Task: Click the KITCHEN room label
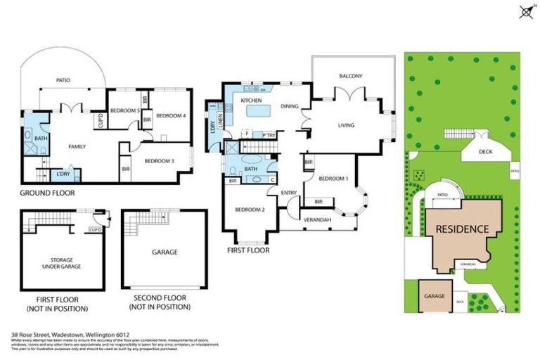(251, 101)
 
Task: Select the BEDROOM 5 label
(125, 111)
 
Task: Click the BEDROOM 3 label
(159, 161)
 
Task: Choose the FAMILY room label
(77, 147)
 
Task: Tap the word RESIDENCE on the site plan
(461, 229)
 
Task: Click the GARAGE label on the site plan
(434, 296)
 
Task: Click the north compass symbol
(524, 11)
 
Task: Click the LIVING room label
(345, 126)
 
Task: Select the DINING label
(289, 107)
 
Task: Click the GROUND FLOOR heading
(46, 193)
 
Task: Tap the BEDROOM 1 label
(333, 179)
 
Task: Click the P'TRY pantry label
(268, 134)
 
